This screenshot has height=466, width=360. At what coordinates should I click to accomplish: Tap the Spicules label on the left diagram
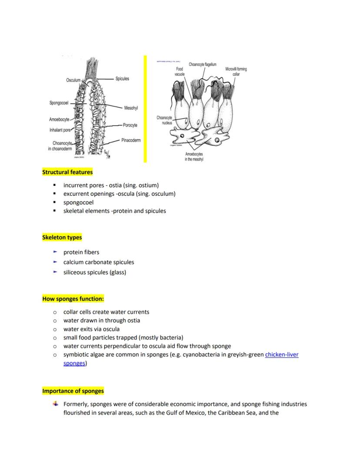click(x=122, y=79)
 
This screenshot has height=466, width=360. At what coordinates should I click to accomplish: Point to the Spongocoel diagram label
click(x=59, y=103)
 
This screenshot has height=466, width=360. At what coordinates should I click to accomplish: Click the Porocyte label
click(x=130, y=125)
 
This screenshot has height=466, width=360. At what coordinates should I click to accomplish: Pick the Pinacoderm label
click(x=131, y=140)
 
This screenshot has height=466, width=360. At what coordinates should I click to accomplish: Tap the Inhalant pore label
click(x=60, y=130)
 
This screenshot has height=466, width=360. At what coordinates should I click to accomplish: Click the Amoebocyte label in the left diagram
click(x=59, y=119)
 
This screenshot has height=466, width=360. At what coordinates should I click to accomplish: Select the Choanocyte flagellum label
click(x=202, y=64)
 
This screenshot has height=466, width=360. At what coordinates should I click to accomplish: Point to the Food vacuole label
click(x=180, y=71)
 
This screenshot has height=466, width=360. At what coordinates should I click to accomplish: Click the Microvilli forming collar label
click(x=236, y=71)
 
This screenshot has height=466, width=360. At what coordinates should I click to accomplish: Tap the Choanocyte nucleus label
click(x=164, y=120)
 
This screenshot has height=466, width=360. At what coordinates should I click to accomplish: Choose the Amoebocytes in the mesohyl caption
click(x=194, y=157)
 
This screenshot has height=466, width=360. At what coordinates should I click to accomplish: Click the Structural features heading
click(x=67, y=172)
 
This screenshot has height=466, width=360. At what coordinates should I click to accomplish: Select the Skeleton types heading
click(x=62, y=238)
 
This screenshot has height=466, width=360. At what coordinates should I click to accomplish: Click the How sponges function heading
click(x=73, y=299)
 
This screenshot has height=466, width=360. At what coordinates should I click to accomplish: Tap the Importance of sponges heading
click(x=73, y=391)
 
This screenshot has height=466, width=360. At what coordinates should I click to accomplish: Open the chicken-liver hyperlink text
click(x=281, y=355)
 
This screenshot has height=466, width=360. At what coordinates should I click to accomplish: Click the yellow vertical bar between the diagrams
click(x=145, y=109)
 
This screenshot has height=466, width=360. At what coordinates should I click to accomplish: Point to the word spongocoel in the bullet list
click(x=78, y=202)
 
